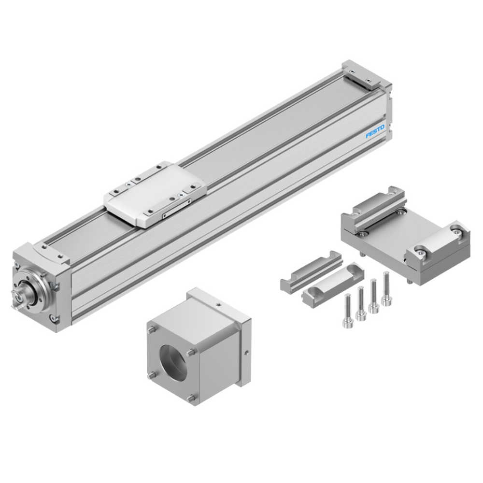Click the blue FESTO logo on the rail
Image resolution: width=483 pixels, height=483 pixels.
point(375,131)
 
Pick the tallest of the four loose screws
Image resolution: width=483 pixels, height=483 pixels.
point(385,288)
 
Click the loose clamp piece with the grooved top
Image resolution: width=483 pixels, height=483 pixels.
point(311,270)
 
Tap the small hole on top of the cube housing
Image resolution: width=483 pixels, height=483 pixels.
point(219,305)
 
